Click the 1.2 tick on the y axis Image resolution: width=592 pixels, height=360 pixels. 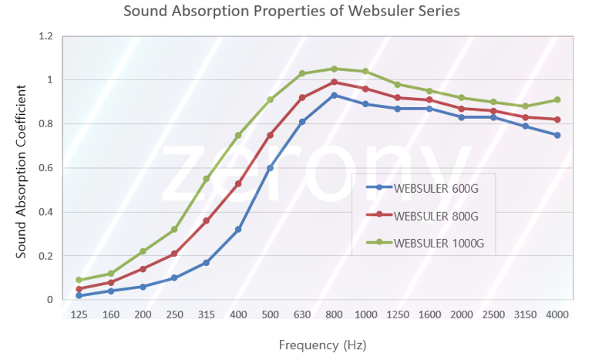pyautogui.click(x=46, y=36)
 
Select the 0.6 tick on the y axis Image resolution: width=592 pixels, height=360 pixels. pyautogui.click(x=46, y=168)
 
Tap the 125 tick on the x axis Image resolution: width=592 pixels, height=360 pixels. pyautogui.click(x=79, y=315)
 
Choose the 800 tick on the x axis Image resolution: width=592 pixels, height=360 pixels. pyautogui.click(x=334, y=315)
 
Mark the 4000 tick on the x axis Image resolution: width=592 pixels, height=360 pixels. pyautogui.click(x=557, y=315)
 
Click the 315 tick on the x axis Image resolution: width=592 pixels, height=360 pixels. pyautogui.click(x=206, y=315)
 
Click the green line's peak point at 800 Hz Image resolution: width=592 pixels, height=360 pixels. pyautogui.click(x=334, y=69)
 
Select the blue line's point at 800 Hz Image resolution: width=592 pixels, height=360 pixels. pyautogui.click(x=334, y=95)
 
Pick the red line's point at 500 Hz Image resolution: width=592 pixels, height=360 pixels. pyautogui.click(x=270, y=135)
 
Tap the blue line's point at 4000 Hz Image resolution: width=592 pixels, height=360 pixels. pyautogui.click(x=557, y=135)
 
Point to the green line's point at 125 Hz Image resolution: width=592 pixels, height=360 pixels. pyautogui.click(x=79, y=280)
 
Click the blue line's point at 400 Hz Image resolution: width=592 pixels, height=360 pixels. pyautogui.click(x=238, y=230)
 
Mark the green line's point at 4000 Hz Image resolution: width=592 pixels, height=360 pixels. pyautogui.click(x=557, y=99)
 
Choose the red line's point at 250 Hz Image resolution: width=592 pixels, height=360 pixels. pyautogui.click(x=174, y=254)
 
